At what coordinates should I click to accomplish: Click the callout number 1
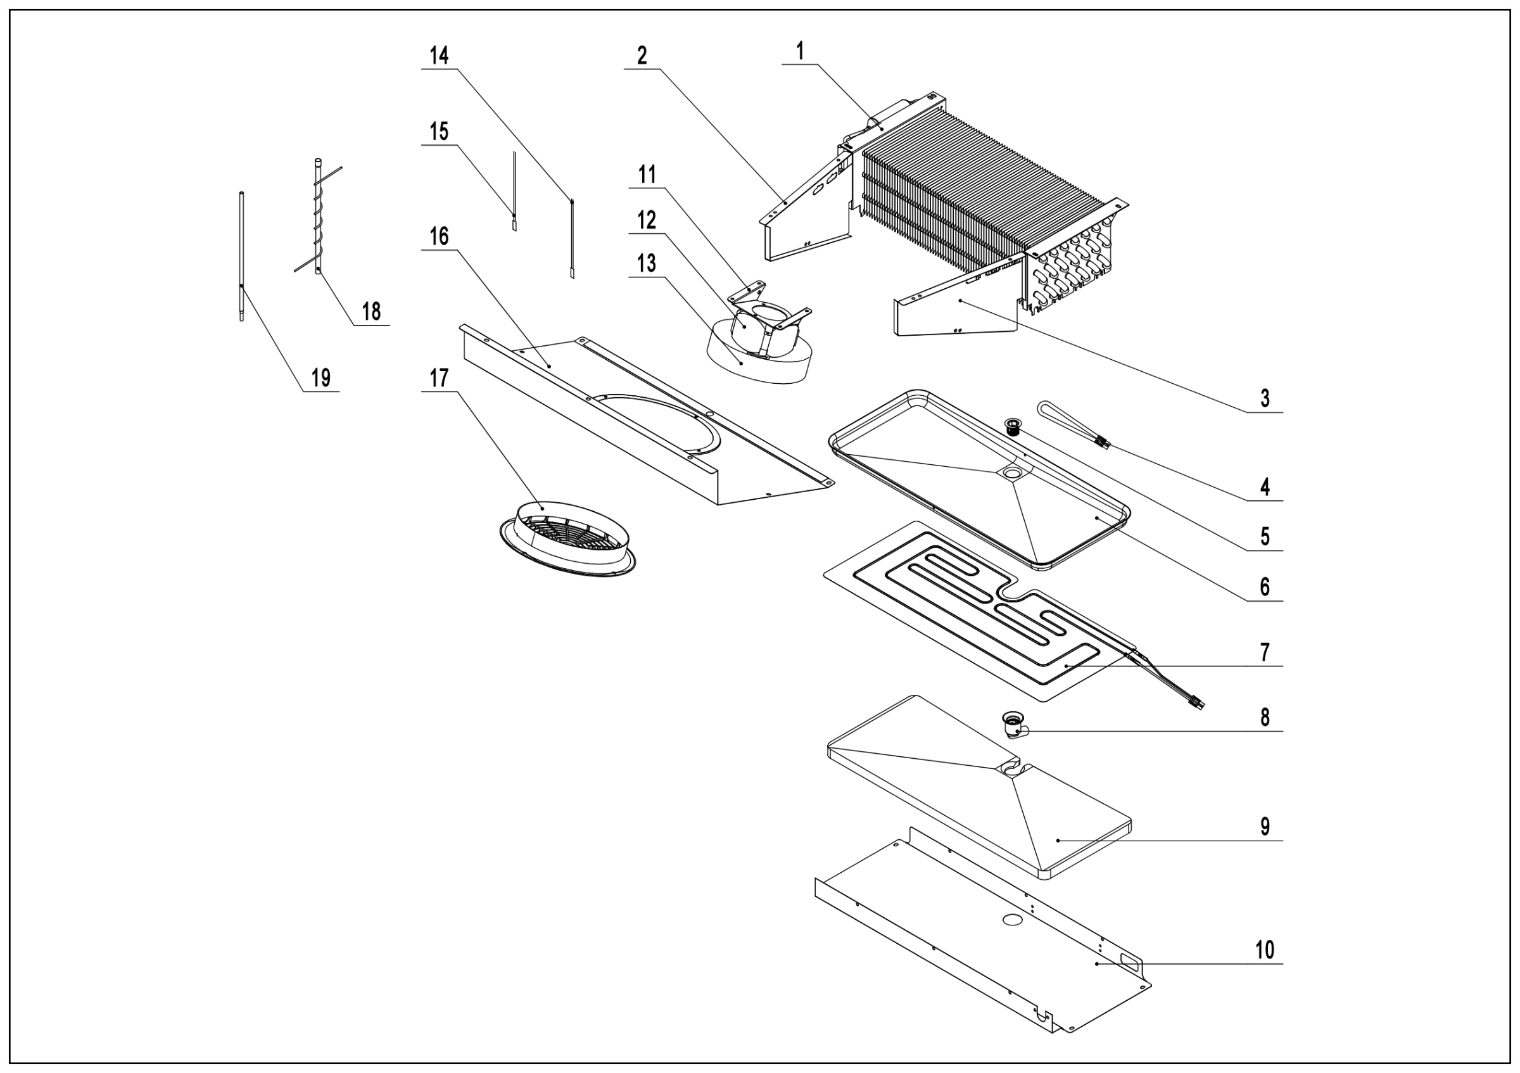coord(800,51)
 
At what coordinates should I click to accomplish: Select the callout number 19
coord(321,378)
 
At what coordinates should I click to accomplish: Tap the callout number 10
coord(1265,950)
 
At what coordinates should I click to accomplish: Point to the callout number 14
coord(439,56)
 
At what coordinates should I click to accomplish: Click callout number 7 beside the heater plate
coord(1265,652)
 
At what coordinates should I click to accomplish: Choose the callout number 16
coord(439,236)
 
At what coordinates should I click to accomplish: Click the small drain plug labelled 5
coord(1013,425)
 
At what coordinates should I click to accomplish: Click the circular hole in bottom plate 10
coord(1012,920)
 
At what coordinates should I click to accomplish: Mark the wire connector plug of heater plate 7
coord(1197,704)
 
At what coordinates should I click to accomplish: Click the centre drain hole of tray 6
coord(1012,473)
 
